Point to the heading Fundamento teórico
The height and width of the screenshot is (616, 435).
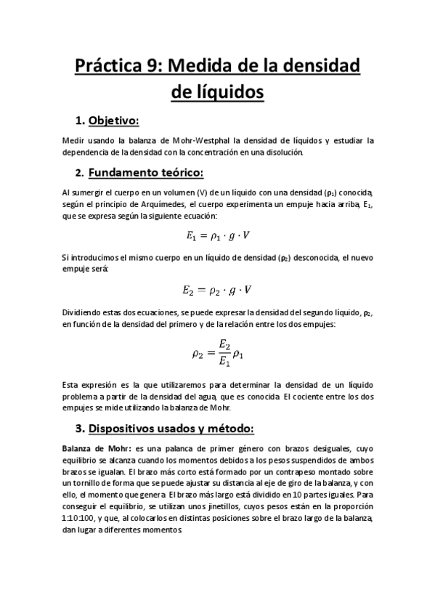[146, 173]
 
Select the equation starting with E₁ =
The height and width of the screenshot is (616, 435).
[218, 235]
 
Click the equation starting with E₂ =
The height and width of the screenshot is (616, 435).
[218, 289]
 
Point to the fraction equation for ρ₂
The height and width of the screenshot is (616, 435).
[218, 354]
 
